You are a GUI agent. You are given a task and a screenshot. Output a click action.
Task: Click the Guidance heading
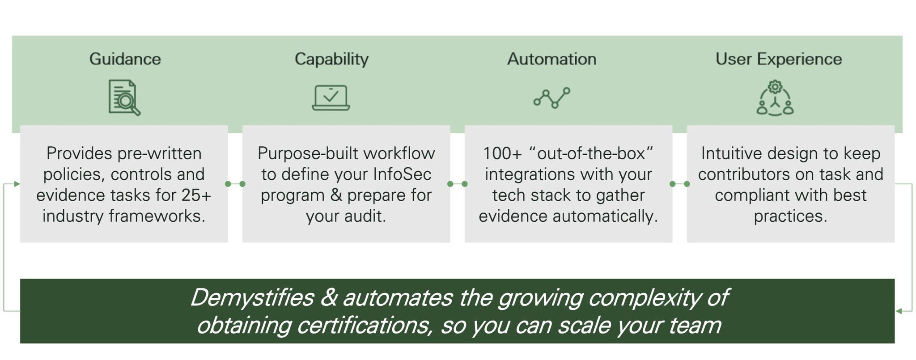tap(125, 59)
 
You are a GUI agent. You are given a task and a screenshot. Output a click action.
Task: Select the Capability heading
tap(331, 59)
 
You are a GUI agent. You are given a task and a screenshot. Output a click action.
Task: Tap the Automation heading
tap(551, 59)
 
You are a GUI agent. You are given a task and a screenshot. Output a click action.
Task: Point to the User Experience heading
tap(779, 59)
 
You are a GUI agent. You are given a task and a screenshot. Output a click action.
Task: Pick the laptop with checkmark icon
tap(331, 97)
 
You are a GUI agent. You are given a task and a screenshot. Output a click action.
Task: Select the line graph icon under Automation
tap(552, 97)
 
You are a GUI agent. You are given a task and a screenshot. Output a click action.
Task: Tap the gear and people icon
tap(775, 98)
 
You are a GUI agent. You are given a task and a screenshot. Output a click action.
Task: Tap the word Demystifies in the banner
tap(252, 297)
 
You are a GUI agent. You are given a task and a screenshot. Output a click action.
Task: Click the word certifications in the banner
tap(364, 325)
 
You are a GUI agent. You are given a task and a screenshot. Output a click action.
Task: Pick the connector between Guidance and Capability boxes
tap(235, 184)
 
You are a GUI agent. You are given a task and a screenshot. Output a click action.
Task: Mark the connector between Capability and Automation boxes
tap(457, 184)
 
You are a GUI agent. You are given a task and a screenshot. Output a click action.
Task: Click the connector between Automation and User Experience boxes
tap(679, 184)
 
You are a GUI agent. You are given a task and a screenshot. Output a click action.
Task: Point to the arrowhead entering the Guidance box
tap(17, 184)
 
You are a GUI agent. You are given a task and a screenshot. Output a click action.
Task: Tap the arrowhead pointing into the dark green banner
tap(899, 311)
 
